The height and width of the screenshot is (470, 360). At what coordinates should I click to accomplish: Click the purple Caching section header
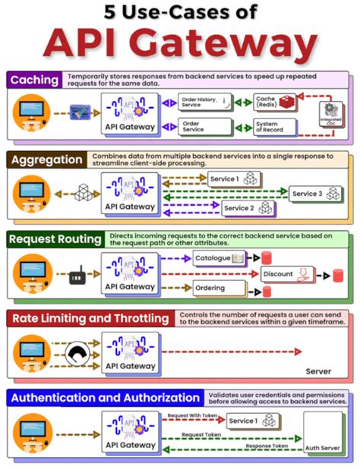click(35, 80)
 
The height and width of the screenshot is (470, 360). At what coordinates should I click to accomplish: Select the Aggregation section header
click(45, 160)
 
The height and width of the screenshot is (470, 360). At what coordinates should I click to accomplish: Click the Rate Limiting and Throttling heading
click(91, 317)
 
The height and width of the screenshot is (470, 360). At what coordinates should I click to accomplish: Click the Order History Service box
click(204, 101)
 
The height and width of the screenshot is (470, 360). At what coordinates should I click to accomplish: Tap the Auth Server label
click(324, 449)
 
